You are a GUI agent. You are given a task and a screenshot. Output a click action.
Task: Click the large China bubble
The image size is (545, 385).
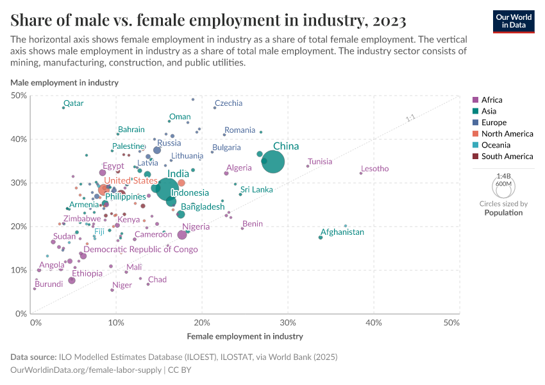point(273,162)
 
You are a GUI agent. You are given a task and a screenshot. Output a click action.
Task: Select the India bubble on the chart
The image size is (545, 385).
point(167,189)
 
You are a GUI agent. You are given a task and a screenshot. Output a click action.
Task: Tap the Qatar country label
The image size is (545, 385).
point(73,103)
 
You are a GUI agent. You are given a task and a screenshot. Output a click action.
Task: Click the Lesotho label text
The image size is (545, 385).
point(374,169)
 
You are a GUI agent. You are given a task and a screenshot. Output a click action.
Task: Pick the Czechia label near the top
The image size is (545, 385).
point(228,103)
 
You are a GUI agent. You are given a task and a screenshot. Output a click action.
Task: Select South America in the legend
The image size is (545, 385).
point(507,157)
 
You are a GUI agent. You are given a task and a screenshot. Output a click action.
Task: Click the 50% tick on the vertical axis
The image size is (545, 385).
point(19,96)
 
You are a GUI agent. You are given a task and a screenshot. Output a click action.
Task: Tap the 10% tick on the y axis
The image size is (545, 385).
point(19,270)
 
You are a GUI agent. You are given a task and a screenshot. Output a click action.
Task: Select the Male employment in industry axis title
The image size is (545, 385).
point(64,83)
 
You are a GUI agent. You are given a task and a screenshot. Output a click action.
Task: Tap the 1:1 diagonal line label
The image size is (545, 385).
point(411,118)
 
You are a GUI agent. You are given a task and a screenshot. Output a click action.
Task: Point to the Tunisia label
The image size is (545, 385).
point(320,162)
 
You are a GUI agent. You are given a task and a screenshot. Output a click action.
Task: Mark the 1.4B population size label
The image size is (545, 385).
point(503,175)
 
